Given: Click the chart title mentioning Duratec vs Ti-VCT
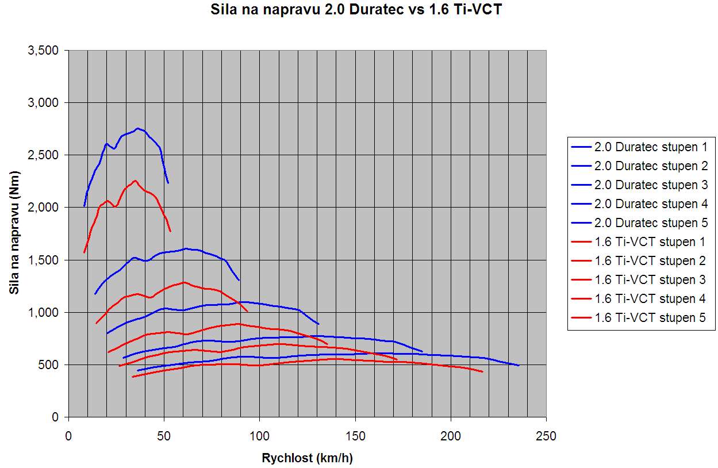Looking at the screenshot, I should click(353, 10).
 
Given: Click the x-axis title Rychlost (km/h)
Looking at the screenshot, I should click(307, 458).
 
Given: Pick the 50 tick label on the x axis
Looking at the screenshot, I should click(164, 436).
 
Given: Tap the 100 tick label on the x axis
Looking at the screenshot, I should click(259, 436).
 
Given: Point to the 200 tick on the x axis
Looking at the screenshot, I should click(451, 436).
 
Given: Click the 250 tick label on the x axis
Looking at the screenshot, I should click(546, 436).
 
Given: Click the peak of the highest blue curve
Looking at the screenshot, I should click(137, 128).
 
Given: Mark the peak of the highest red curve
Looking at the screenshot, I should click(135, 181).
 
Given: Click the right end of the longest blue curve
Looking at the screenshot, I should click(519, 365).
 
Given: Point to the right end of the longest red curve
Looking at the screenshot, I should click(483, 372).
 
